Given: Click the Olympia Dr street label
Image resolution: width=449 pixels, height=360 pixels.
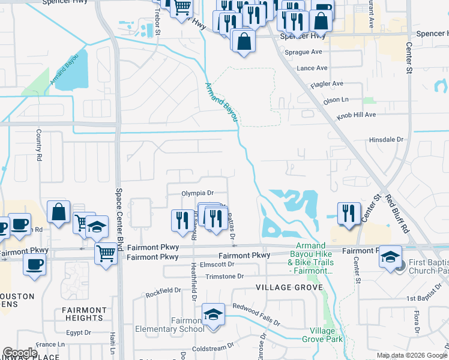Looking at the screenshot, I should [197, 193].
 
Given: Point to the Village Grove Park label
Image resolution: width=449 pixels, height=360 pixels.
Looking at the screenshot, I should [326, 335].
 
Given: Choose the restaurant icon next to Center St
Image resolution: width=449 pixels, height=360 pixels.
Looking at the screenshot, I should [349, 213].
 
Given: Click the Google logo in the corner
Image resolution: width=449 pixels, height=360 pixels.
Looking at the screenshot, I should [20, 353].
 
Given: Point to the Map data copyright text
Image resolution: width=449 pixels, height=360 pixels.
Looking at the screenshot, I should [412, 355].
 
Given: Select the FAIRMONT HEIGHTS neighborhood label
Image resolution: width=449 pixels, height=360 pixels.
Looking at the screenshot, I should [84, 314].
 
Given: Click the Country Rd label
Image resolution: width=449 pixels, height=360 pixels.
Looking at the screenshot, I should [39, 145].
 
